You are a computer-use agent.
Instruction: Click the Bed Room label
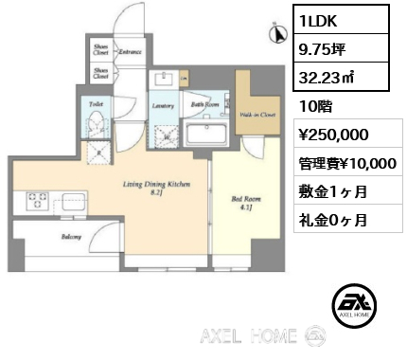point(242,200)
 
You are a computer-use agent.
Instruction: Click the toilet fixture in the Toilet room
point(96,124)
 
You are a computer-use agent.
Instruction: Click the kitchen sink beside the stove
point(70,201)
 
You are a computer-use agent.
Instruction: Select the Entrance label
point(131,52)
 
